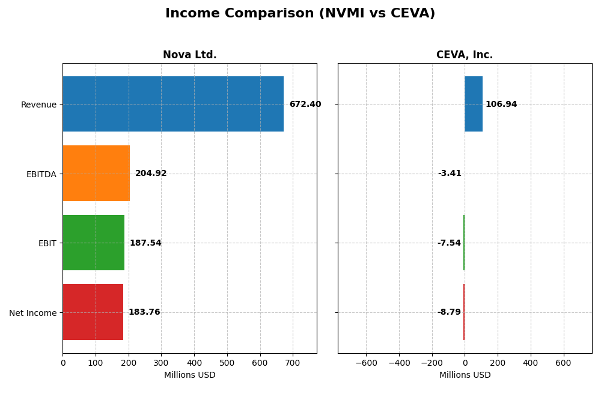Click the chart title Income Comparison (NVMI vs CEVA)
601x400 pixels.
tap(300, 14)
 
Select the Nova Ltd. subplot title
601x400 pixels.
tap(189, 55)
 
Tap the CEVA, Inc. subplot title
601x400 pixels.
tap(465, 55)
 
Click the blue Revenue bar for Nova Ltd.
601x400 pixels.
tap(173, 104)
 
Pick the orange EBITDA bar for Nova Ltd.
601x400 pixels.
tap(96, 174)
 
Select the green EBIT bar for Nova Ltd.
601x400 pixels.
tap(93, 243)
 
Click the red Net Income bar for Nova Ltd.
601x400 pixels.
tap(93, 312)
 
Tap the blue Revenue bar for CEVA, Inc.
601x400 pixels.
tap(473, 104)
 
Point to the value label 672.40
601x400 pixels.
tap(305, 105)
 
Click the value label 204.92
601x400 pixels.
tap(151, 174)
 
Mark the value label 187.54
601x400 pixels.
tap(145, 243)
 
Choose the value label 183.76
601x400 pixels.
tap(144, 312)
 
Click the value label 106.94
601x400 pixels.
tap(501, 105)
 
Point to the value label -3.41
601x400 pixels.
tap(450, 174)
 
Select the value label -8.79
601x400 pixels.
tap(449, 312)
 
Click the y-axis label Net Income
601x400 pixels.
tap(32, 313)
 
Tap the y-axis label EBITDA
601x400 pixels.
tap(41, 174)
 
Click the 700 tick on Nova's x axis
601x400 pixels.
tap(293, 363)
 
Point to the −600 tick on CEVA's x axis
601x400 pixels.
tap(365, 363)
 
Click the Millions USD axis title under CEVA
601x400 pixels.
tap(465, 375)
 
